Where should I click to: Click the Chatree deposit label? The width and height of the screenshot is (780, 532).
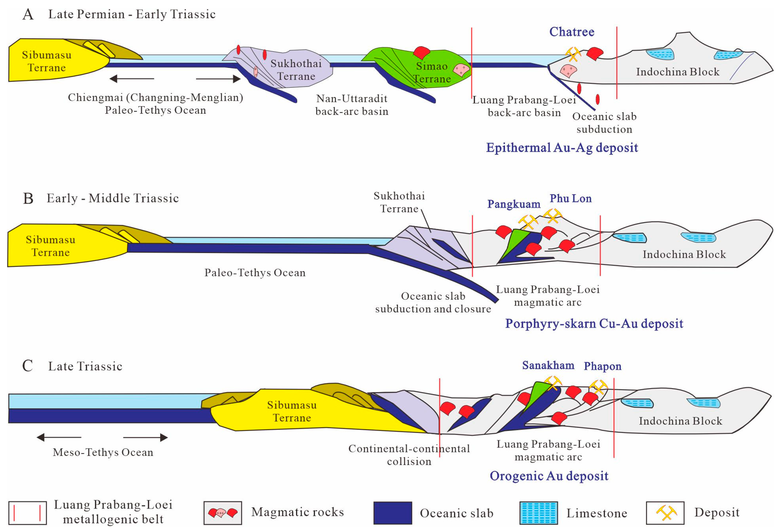coord(572,32)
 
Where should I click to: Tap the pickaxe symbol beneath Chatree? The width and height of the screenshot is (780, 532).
coord(573,54)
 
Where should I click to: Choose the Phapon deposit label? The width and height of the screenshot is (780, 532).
coord(602,366)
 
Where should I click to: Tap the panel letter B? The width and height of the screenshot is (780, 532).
coord(28,199)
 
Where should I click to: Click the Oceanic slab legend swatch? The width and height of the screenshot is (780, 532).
coord(392,513)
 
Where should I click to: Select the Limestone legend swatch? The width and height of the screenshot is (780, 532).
coord(538,513)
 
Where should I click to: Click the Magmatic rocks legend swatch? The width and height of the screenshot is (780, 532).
coord(223,513)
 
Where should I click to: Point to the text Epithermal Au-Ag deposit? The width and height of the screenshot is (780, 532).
coord(562,148)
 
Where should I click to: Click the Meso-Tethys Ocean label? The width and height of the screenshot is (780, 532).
coord(103,452)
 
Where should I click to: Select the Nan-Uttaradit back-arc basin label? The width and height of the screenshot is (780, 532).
coord(352,105)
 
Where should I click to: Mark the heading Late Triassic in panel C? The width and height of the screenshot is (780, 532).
coord(85,366)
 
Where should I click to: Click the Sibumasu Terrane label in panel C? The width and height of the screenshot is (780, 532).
coord(292,411)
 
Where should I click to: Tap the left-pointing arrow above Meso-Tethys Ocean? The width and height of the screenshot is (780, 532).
coord(58,437)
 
